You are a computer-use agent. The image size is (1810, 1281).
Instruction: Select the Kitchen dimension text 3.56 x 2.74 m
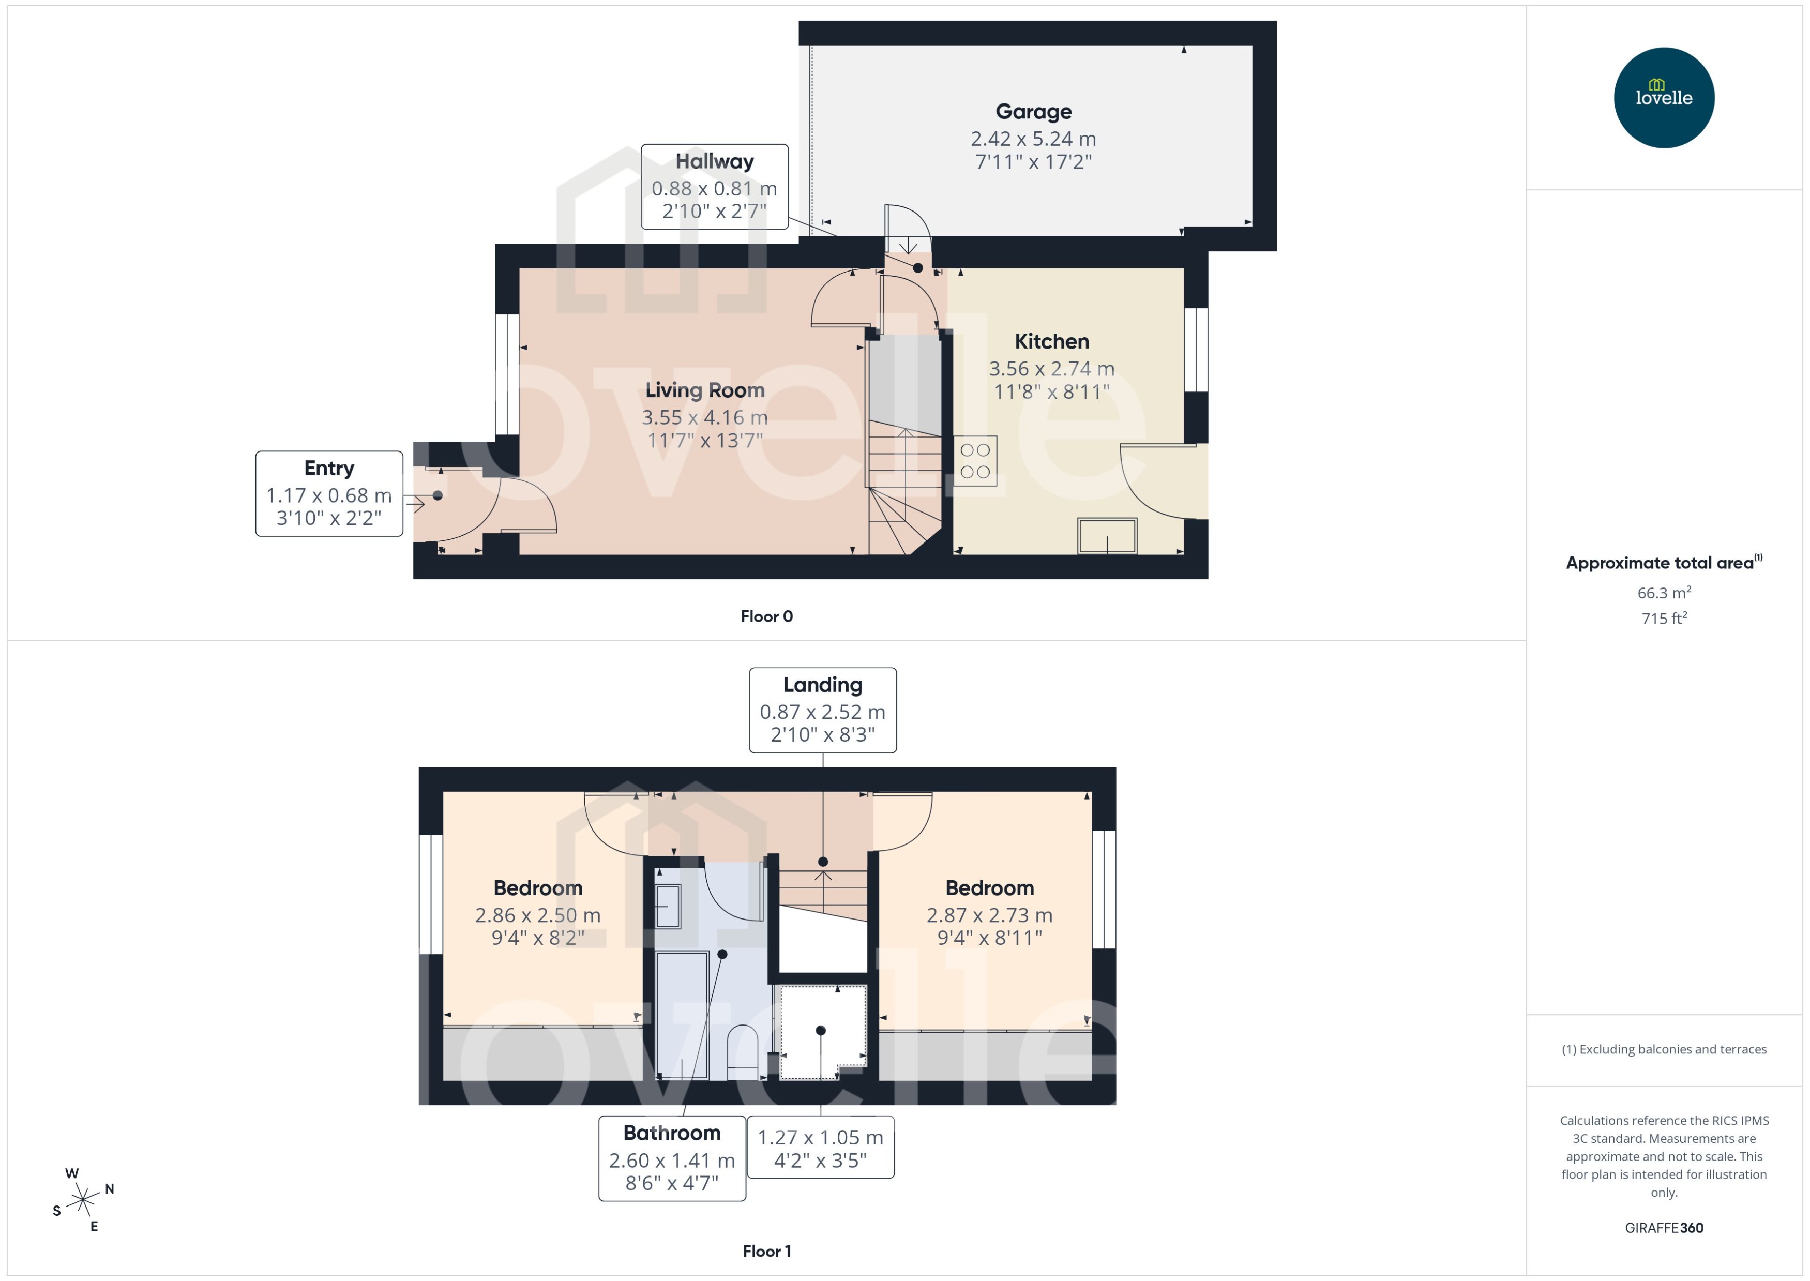click(1051, 368)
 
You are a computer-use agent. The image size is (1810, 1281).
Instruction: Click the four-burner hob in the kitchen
click(975, 461)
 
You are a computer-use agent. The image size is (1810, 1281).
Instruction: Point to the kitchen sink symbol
click(1107, 536)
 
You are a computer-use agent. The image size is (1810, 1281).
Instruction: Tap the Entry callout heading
click(329, 469)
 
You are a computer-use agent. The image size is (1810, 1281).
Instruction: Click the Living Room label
click(704, 390)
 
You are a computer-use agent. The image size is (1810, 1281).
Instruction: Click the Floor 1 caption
click(766, 1251)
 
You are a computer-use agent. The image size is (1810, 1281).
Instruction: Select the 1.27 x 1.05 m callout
click(820, 1148)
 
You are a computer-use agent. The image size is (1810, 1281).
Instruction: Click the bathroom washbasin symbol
click(668, 907)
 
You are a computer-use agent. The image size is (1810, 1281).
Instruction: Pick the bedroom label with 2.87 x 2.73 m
click(989, 888)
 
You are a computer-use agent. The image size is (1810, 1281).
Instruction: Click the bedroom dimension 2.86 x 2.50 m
click(537, 915)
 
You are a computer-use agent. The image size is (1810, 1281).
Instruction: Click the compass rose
click(83, 1200)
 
